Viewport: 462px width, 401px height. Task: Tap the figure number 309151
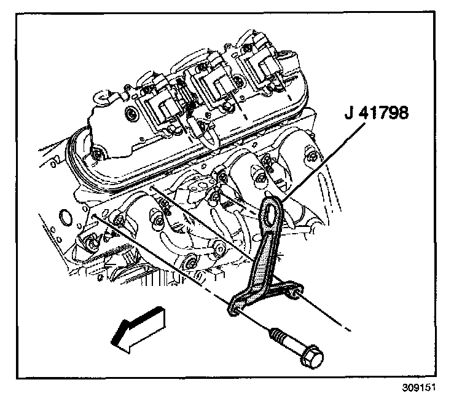(423, 389)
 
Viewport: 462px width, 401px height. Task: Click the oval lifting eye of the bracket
(271, 210)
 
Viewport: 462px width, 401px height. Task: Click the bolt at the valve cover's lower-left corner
(96, 153)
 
